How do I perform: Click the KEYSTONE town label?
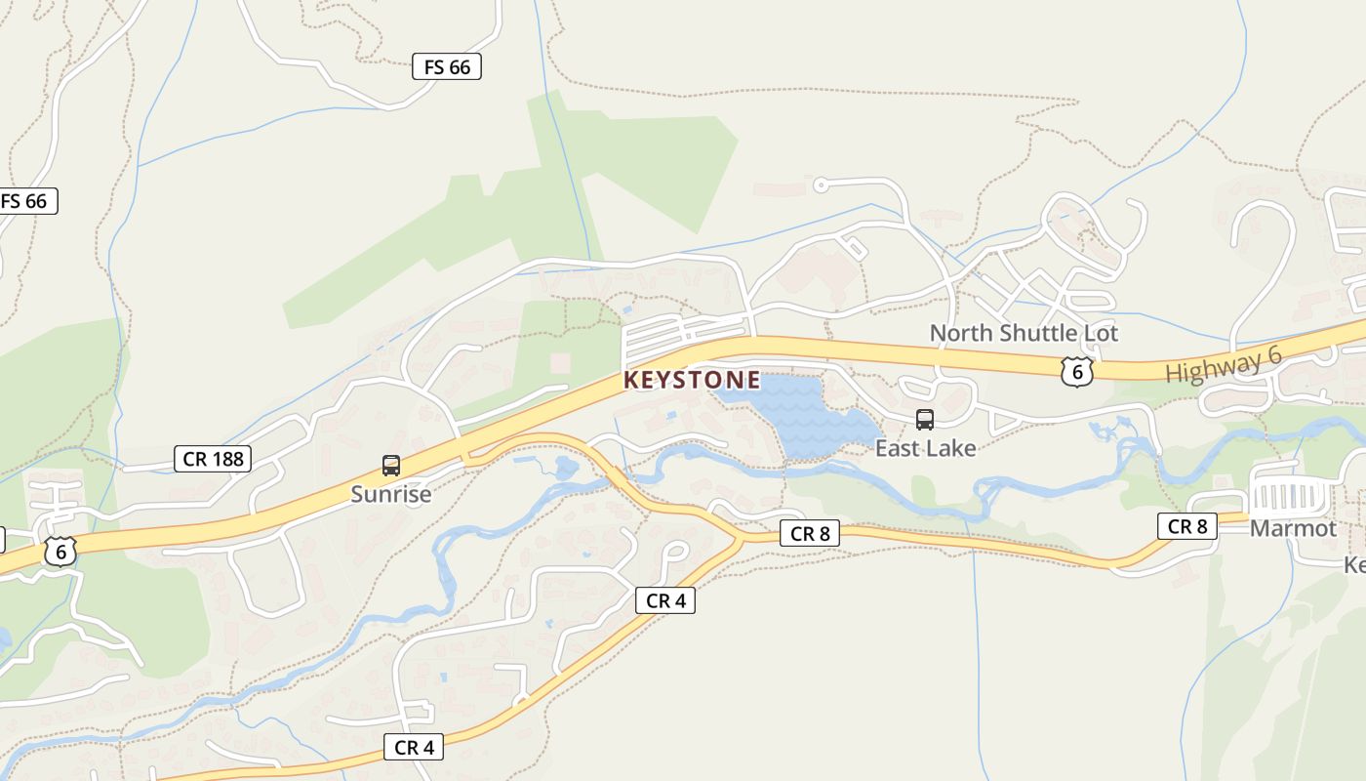click(x=691, y=380)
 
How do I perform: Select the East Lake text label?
click(x=925, y=448)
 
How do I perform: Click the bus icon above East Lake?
click(x=924, y=420)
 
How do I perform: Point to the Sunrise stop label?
click(x=390, y=494)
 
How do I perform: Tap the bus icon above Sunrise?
click(x=391, y=466)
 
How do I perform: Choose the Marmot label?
click(x=1293, y=528)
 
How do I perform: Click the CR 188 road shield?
click(x=213, y=458)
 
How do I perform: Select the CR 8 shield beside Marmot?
click(x=1187, y=526)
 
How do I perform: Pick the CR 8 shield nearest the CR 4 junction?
click(x=809, y=533)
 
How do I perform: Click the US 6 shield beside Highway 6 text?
click(x=1076, y=371)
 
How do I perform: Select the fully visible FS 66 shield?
click(x=447, y=66)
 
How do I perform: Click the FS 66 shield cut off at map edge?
click(x=26, y=201)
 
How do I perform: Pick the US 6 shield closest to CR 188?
click(x=60, y=552)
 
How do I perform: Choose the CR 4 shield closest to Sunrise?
click(x=414, y=747)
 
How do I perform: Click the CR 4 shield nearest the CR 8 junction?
click(x=665, y=600)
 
